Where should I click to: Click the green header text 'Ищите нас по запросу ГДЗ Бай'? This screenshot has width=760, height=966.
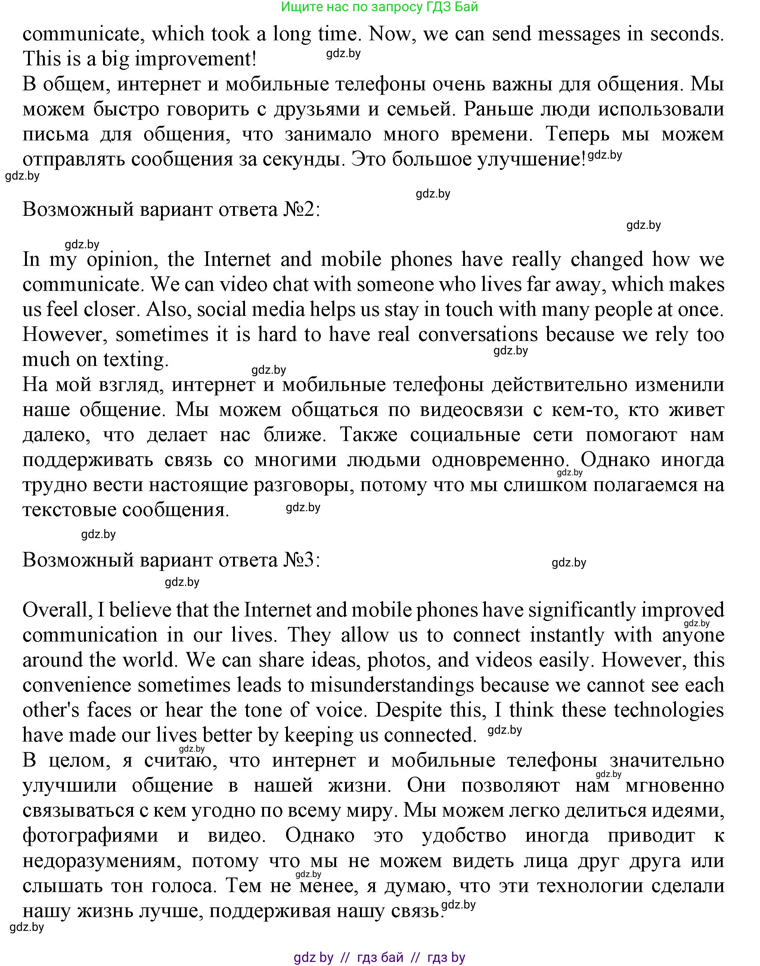(379, 7)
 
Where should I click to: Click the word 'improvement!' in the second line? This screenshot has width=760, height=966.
(196, 59)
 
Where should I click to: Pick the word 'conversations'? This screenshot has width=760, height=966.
(478, 335)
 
